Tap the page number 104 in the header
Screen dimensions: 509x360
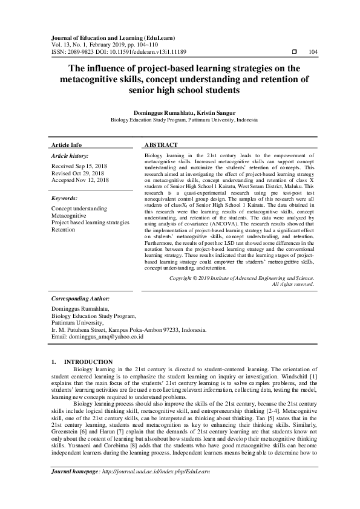[x=313, y=53]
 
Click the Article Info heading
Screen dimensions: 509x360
[x=67, y=146]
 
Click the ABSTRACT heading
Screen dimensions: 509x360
[x=161, y=146]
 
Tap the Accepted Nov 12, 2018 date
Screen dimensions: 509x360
[x=80, y=180]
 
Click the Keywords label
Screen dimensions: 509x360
[x=64, y=198]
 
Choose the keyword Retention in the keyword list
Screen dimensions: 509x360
[x=64, y=230]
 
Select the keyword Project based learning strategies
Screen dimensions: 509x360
[x=90, y=223]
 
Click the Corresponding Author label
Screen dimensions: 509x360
[x=80, y=299]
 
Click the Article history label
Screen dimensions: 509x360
[x=70, y=156]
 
